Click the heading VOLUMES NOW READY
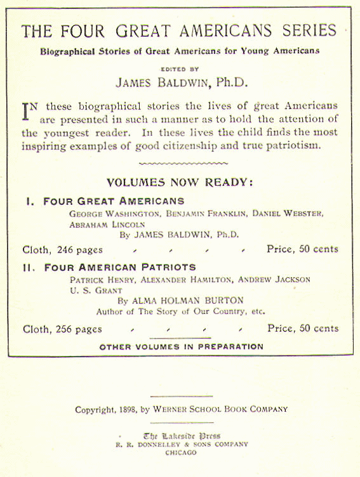point(180,183)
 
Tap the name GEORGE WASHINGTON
point(114,214)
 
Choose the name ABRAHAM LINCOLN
point(107,225)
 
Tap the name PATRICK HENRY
point(100,280)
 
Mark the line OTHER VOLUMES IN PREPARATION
point(181,347)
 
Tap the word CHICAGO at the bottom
point(181,454)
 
